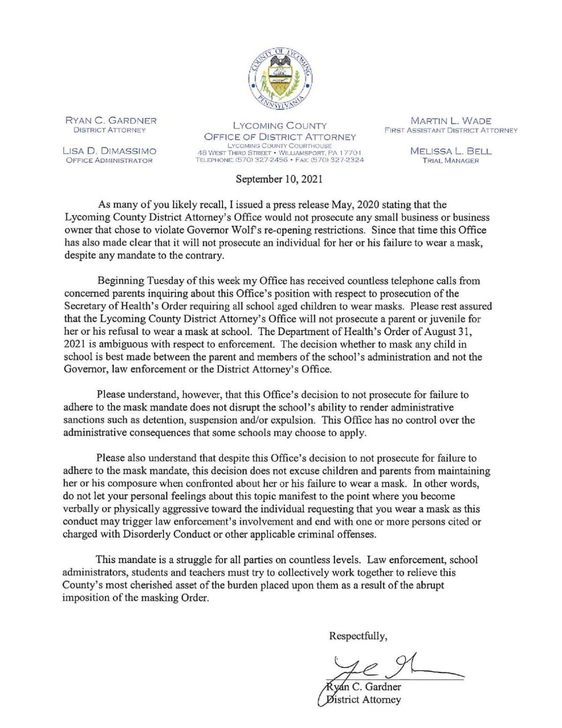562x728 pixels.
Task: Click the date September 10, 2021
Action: [280, 178]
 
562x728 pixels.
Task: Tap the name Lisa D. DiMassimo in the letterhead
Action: [110, 151]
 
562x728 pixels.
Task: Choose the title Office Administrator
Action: [110, 160]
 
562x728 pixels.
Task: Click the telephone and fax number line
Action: [280, 160]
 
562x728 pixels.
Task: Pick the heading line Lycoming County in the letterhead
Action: [280, 126]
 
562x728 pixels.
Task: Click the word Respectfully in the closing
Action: [358, 636]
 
